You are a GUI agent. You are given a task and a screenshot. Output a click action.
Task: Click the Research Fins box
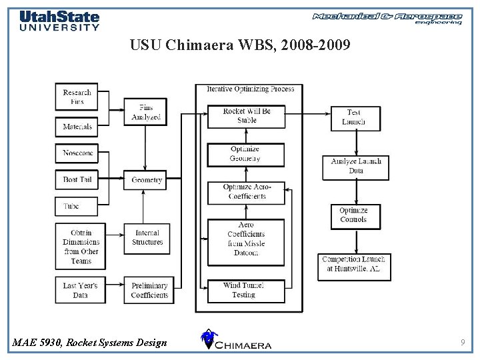click(77, 97)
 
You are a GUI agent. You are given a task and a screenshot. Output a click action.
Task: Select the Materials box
click(77, 127)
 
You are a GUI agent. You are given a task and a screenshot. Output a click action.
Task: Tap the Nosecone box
click(77, 153)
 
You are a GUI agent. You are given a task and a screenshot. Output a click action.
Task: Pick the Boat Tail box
click(77, 180)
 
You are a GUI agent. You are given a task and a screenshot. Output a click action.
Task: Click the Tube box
click(77, 206)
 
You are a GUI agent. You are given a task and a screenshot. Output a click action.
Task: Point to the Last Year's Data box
click(80, 290)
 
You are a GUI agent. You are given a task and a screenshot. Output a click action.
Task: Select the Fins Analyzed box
click(146, 112)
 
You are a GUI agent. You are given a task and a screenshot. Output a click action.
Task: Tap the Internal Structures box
click(147, 237)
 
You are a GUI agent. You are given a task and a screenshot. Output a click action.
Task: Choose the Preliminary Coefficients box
click(149, 290)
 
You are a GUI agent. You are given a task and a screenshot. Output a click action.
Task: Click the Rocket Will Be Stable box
click(246, 116)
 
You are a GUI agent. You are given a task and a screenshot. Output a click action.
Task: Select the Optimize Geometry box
click(245, 154)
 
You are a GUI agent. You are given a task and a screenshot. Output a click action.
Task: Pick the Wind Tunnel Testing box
click(245, 290)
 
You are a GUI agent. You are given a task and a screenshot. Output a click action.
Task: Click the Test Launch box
click(354, 117)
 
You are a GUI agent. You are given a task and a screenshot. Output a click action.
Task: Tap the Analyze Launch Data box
click(356, 167)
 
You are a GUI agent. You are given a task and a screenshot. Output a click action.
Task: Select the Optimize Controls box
click(354, 215)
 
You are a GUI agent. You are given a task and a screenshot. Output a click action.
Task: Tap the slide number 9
click(462, 343)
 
